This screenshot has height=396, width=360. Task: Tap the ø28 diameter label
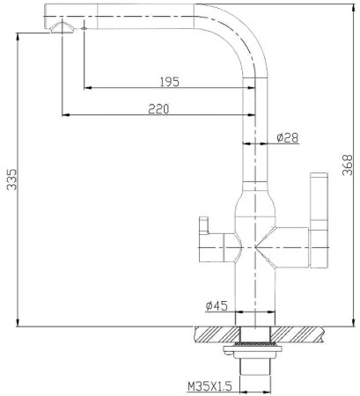tap(286, 137)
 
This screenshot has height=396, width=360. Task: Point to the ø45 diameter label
tap(217, 305)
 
